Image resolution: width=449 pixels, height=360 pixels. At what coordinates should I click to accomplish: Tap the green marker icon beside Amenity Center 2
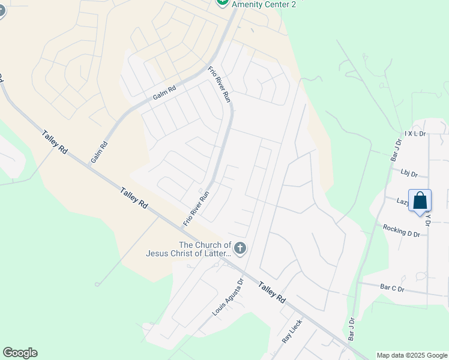(222, 2)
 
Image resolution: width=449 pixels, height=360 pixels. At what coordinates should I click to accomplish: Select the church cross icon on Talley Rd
(240, 248)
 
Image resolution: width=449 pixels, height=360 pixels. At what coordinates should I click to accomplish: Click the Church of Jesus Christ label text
(188, 249)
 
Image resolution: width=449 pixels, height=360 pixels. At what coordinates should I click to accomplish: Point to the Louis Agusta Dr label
(228, 297)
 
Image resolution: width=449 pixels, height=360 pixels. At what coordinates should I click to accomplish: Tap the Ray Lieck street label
(292, 331)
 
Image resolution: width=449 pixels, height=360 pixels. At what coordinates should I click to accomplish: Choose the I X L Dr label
(415, 133)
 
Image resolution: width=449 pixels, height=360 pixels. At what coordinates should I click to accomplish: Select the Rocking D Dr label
(401, 230)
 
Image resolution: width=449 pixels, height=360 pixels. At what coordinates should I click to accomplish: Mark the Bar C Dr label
(393, 289)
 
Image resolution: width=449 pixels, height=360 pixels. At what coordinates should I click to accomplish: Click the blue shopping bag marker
(420, 201)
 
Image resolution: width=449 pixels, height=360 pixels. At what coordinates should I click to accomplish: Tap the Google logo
(20, 353)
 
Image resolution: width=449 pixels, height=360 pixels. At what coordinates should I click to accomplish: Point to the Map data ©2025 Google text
(412, 355)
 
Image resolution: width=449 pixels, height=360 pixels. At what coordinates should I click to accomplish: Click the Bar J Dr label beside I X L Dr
(395, 150)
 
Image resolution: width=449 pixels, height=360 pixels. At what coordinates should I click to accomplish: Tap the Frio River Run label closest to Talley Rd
(196, 208)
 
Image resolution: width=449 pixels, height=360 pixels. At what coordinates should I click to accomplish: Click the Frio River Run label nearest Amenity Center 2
(219, 85)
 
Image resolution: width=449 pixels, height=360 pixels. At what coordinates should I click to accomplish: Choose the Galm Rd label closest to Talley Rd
(99, 152)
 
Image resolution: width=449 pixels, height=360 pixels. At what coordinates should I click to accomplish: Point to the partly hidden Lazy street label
(402, 202)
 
